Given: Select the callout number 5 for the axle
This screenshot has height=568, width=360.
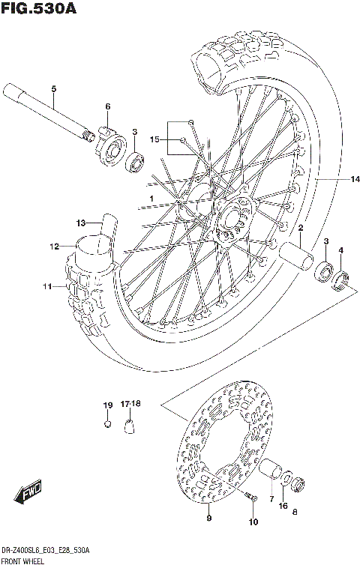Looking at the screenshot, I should [x=53, y=91].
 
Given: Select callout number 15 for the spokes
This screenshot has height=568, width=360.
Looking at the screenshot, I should [x=155, y=139].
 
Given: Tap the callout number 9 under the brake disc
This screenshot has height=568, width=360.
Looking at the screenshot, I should [x=208, y=518].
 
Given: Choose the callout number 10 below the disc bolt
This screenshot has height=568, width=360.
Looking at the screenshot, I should [x=253, y=522].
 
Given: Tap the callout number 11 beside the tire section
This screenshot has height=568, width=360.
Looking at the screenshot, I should [x=46, y=286].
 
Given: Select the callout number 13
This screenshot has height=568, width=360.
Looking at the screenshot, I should [x=80, y=222].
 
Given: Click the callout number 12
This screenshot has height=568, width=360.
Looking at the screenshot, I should [x=55, y=246].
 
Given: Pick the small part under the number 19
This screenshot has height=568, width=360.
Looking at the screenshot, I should [x=108, y=424].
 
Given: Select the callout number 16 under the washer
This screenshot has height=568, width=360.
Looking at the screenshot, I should [x=283, y=507].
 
